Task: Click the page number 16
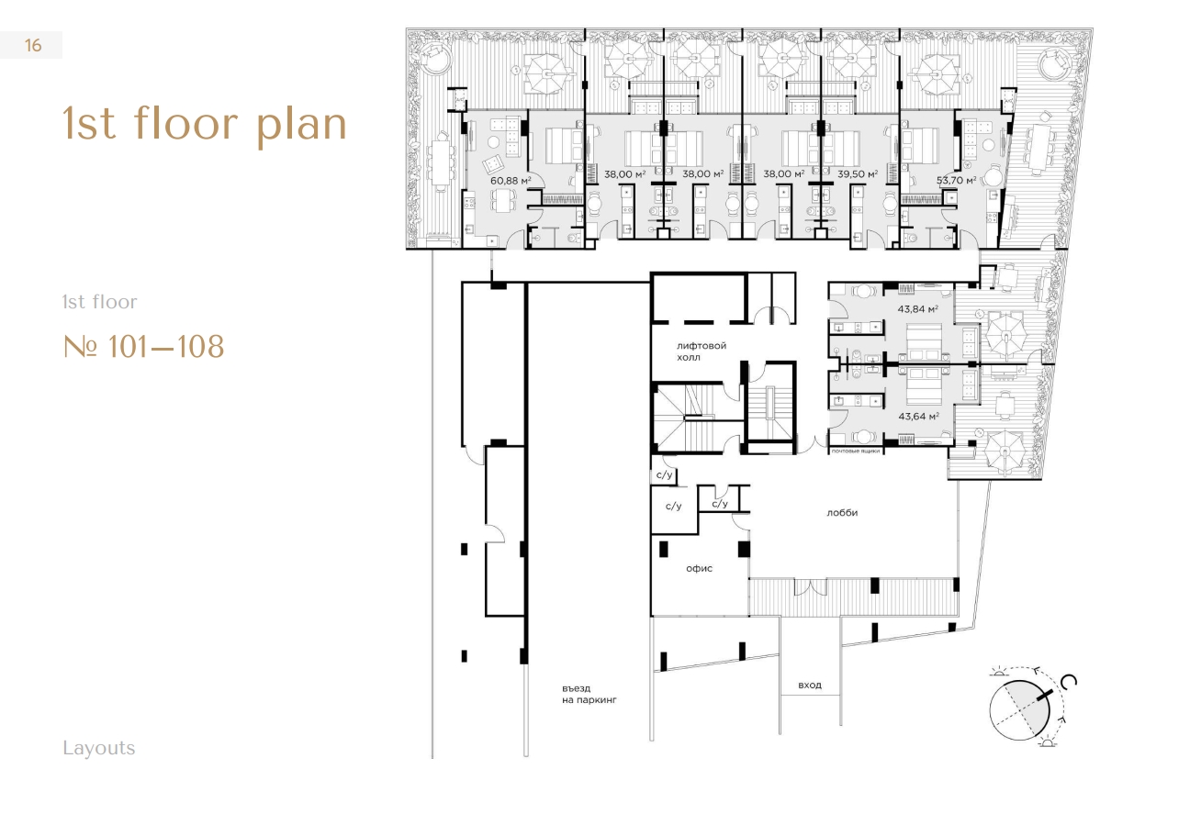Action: click(33, 46)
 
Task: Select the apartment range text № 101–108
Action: click(143, 347)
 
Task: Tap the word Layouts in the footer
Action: click(99, 749)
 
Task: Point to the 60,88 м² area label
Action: click(510, 181)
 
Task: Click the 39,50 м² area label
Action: click(858, 173)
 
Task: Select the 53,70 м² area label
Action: click(956, 180)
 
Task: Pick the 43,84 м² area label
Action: click(917, 308)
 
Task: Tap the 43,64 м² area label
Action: click(918, 417)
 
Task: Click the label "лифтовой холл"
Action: click(702, 351)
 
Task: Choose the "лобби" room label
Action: click(842, 513)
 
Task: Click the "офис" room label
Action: click(699, 569)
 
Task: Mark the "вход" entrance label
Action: click(810, 686)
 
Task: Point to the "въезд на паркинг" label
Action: click(589, 694)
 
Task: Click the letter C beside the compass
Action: click(1069, 682)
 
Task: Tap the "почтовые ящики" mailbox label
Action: click(856, 451)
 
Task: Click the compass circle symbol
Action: click(1019, 709)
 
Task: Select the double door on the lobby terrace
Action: click(811, 587)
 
